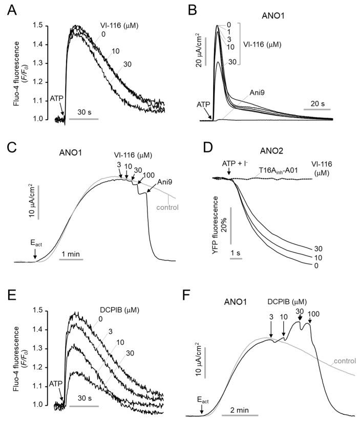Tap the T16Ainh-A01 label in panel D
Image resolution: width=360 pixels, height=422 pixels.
[264, 173]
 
